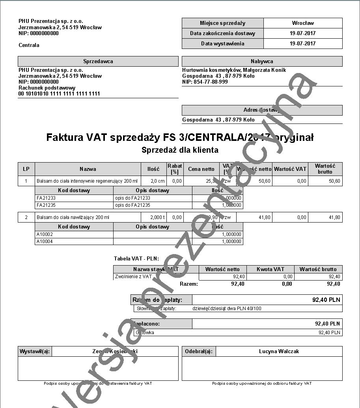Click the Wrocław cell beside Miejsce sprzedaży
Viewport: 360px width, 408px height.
pyautogui.click(x=303, y=23)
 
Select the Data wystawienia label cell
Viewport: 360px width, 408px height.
pyautogui.click(x=222, y=43)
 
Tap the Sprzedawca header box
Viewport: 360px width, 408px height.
pyautogui.click(x=98, y=61)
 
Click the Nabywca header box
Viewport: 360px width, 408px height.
pyautogui.click(x=262, y=61)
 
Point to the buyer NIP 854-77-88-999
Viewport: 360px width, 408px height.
pyautogui.click(x=205, y=82)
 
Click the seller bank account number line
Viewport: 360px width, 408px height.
pyautogui.click(x=59, y=94)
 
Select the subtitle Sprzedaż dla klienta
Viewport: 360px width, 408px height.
pyautogui.click(x=180, y=150)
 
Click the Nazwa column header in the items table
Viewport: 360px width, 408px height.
pyautogui.click(x=88, y=169)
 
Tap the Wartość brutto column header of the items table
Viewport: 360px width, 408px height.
pyautogui.click(x=325, y=169)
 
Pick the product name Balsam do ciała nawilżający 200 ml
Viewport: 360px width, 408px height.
pyautogui.click(x=73, y=217)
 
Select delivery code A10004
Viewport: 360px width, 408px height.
pyautogui.click(x=45, y=241)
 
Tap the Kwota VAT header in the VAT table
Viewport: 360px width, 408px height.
pyautogui.click(x=270, y=269)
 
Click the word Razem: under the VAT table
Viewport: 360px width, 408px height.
pyautogui.click(x=189, y=284)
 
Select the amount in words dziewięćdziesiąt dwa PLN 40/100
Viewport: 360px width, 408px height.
pyautogui.click(x=227, y=309)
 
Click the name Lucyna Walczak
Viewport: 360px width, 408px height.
pyautogui.click(x=278, y=351)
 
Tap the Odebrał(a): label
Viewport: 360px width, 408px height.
pyautogui.click(x=199, y=351)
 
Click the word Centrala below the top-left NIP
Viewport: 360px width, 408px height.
pyautogui.click(x=29, y=45)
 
